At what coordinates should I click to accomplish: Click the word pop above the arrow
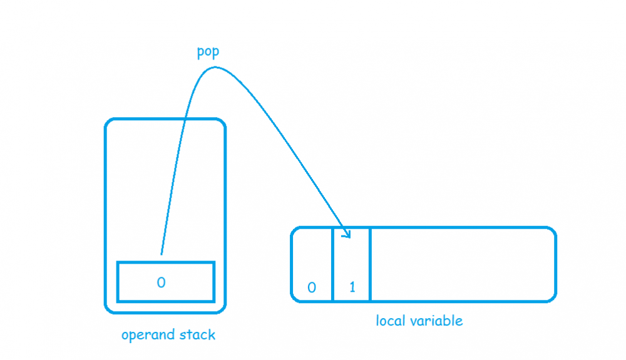pyautogui.click(x=208, y=52)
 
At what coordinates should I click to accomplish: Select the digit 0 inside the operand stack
pyautogui.click(x=161, y=282)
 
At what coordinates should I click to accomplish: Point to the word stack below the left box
pyautogui.click(x=196, y=335)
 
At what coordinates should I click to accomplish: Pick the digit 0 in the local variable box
pyautogui.click(x=311, y=287)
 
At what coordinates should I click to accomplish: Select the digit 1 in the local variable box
pyautogui.click(x=352, y=287)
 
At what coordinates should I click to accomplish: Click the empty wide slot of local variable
pyautogui.click(x=462, y=265)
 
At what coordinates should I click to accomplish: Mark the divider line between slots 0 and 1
pyautogui.click(x=332, y=265)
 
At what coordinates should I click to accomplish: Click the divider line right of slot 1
pyautogui.click(x=371, y=265)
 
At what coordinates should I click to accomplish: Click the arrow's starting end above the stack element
pyautogui.click(x=161, y=254)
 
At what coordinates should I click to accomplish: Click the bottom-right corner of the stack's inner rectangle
pyautogui.click(x=213, y=301)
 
